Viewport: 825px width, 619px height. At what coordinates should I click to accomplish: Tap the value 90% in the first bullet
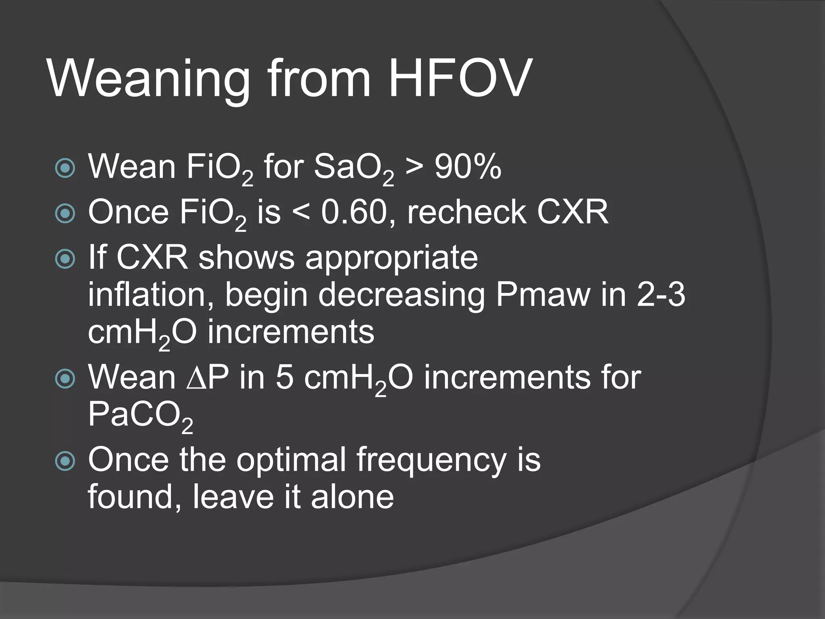[x=468, y=167]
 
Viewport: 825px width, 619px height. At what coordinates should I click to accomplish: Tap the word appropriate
[x=391, y=258]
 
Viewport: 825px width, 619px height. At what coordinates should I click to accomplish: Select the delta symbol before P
[x=197, y=378]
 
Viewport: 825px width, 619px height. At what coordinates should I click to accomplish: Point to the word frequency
[x=431, y=460]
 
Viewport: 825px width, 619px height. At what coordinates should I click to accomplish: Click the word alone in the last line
[x=352, y=496]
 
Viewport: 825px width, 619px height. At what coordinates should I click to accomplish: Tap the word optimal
[x=291, y=460]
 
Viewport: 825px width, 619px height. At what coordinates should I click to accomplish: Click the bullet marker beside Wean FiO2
[x=65, y=168]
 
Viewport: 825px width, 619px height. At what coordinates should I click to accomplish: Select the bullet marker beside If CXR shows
[x=65, y=259]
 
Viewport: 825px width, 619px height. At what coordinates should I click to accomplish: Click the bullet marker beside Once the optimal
[x=65, y=461]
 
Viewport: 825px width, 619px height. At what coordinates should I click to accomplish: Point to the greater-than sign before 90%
[x=414, y=167]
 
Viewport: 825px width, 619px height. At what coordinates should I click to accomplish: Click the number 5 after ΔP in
[x=284, y=377]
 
